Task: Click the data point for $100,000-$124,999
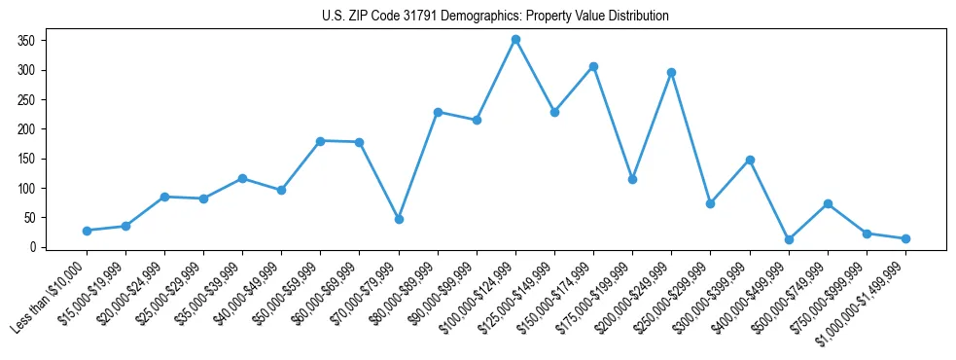(515, 40)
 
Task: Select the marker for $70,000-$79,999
(399, 219)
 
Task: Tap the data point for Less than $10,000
(87, 231)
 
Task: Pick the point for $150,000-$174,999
(593, 66)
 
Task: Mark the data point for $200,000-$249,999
(671, 72)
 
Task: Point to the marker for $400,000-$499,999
(789, 239)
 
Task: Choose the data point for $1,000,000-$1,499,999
(905, 238)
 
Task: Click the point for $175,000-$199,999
(632, 179)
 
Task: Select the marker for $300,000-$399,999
(750, 160)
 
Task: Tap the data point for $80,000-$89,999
(438, 112)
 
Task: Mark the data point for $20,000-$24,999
(164, 197)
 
